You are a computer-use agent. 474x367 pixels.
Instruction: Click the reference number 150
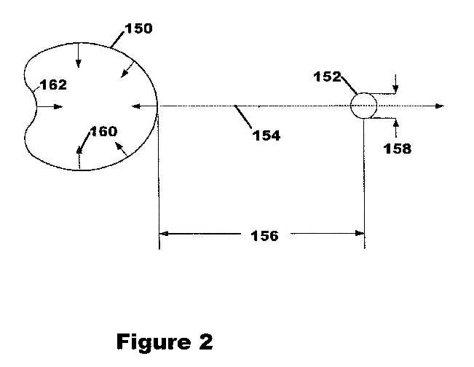click(x=139, y=28)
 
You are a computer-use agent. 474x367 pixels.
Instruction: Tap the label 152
click(x=328, y=76)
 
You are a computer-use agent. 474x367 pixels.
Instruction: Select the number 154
click(x=266, y=135)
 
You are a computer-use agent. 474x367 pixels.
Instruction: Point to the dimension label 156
click(x=265, y=236)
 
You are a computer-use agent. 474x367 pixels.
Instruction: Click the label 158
click(x=398, y=149)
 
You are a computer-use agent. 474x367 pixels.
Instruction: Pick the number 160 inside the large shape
click(x=103, y=132)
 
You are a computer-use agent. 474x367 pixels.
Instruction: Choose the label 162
click(x=53, y=85)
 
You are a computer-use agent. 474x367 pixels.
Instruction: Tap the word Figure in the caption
click(x=154, y=342)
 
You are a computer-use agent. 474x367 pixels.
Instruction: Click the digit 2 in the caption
click(x=206, y=342)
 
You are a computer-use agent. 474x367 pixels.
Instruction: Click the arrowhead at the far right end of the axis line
click(x=440, y=106)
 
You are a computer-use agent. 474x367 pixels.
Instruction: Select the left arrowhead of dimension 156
click(x=164, y=234)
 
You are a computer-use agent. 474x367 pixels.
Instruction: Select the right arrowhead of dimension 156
click(x=360, y=233)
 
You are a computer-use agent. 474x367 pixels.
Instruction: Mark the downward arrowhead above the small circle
click(x=395, y=88)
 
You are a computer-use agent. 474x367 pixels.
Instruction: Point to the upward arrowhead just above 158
click(x=396, y=124)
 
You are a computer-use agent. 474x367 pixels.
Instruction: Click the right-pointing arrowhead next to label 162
click(x=58, y=106)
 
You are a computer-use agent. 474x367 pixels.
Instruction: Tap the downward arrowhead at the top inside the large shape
click(x=79, y=63)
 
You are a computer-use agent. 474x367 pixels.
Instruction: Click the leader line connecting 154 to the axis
click(x=243, y=117)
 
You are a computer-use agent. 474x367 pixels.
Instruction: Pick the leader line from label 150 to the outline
click(x=117, y=39)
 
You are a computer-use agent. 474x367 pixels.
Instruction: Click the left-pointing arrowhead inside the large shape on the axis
click(x=136, y=106)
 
